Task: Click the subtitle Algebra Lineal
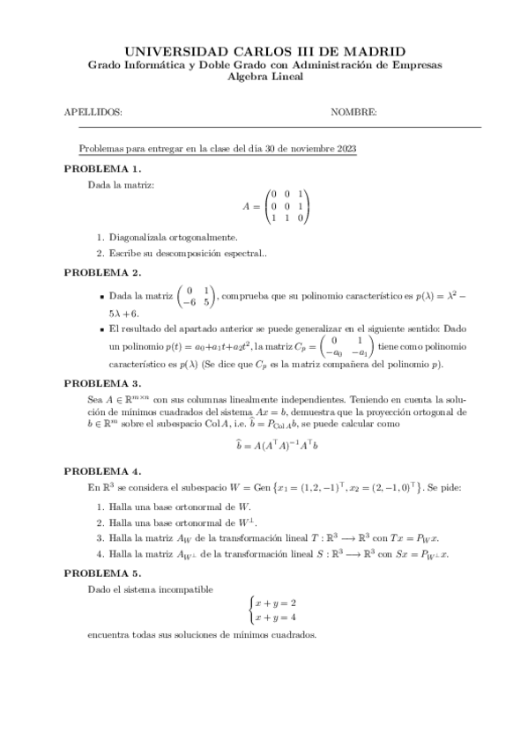[x=264, y=77]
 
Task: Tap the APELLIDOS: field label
[x=94, y=113]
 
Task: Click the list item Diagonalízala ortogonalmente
[x=172, y=237]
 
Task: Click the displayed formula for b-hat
[x=264, y=447]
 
